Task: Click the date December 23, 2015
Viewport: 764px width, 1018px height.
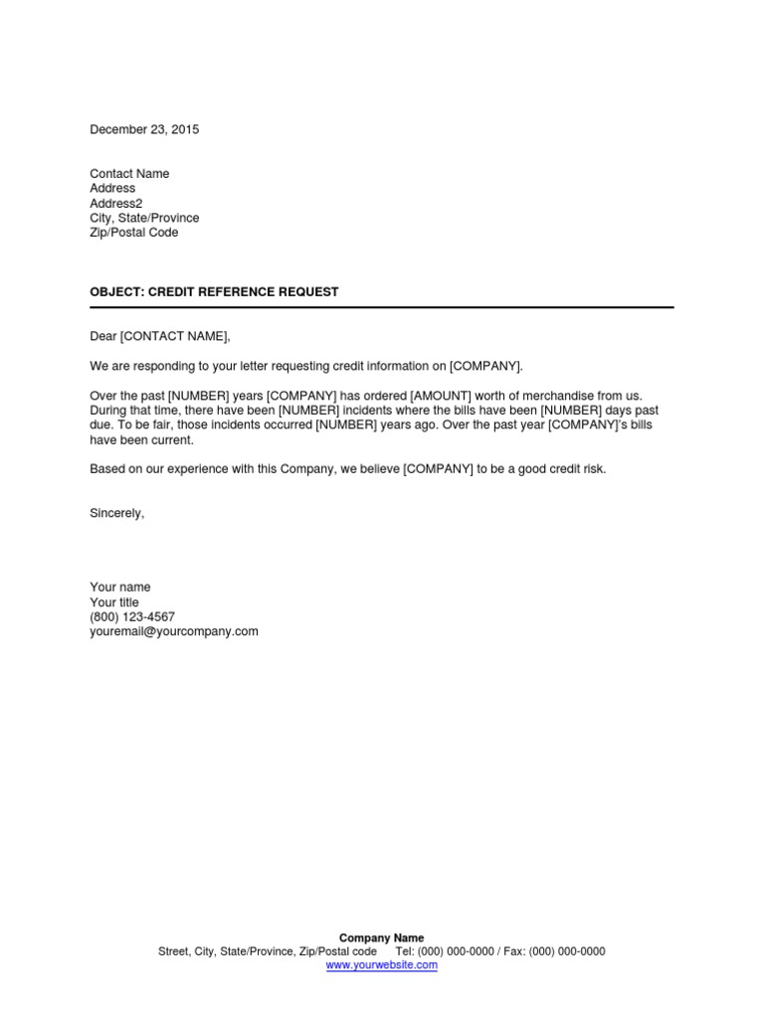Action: (144, 129)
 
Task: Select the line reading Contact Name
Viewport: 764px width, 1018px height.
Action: (129, 174)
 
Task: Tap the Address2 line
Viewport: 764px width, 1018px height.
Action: (116, 203)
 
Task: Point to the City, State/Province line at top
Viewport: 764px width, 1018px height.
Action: (144, 218)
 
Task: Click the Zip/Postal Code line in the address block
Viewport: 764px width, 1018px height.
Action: (134, 233)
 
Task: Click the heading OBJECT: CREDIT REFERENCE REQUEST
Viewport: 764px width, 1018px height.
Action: (214, 292)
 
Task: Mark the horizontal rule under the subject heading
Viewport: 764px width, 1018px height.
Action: (382, 307)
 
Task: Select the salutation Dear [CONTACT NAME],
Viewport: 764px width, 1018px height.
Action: (159, 337)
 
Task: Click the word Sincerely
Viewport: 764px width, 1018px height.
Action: (117, 513)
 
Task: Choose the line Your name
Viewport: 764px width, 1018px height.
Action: (120, 588)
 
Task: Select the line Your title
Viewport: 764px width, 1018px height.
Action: (114, 602)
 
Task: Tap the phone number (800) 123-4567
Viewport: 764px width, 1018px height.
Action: (132, 616)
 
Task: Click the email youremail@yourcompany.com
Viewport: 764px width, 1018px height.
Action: (174, 631)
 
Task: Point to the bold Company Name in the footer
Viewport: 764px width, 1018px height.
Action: (382, 937)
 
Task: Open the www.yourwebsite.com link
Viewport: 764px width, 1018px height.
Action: (382, 964)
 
